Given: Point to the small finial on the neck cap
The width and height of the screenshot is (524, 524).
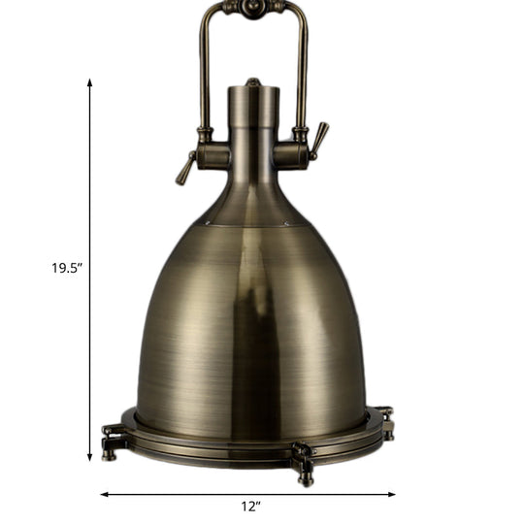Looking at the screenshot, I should (x=253, y=82).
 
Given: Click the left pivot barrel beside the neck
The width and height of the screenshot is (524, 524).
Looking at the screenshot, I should (x=212, y=155).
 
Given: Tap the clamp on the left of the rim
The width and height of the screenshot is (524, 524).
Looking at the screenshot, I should (x=112, y=437).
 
